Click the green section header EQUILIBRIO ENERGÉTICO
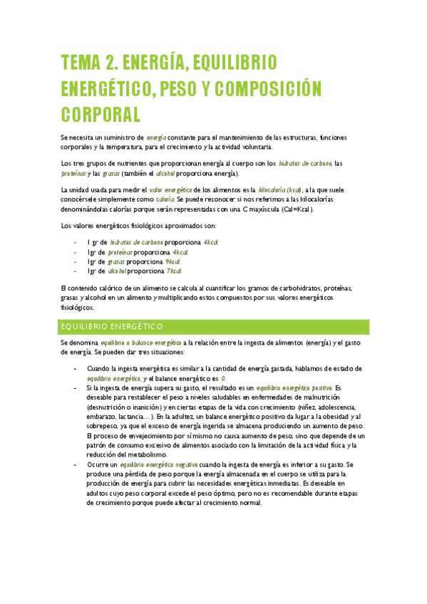(113, 326)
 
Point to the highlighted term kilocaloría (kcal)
(280, 189)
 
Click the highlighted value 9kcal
(173, 261)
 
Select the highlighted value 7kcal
(174, 271)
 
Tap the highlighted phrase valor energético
(170, 189)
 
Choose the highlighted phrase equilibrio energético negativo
(149, 464)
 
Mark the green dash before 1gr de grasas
(76, 262)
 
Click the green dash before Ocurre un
(76, 464)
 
